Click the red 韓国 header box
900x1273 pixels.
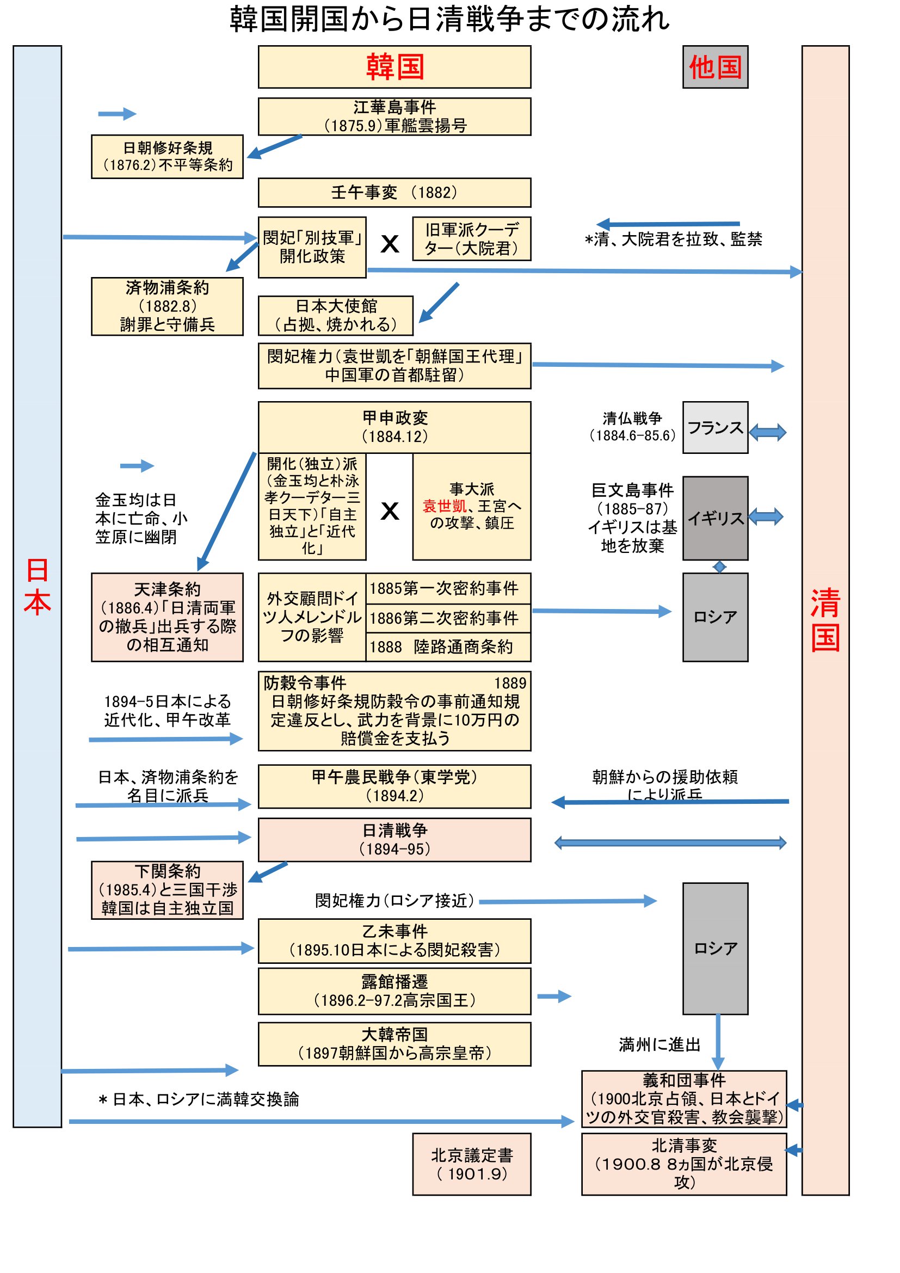pyautogui.click(x=394, y=67)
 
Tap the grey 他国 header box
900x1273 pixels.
pyautogui.click(x=715, y=67)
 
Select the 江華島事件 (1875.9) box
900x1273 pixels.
pyautogui.click(x=394, y=116)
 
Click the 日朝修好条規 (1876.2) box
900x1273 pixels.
pyautogui.click(x=167, y=156)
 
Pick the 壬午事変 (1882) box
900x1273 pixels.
pyautogui.click(x=394, y=192)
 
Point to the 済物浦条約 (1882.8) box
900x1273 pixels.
pyautogui.click(x=167, y=306)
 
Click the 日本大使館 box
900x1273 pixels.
pyautogui.click(x=335, y=316)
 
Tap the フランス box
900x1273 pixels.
pyautogui.click(x=715, y=427)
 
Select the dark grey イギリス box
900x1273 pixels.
pyautogui.click(x=715, y=518)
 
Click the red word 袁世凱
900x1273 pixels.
pyautogui.click(x=444, y=506)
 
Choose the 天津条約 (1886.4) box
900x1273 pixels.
pyautogui.click(x=167, y=617)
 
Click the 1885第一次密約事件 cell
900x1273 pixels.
pyautogui.click(x=448, y=588)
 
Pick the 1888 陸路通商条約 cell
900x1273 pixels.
pyautogui.click(x=448, y=647)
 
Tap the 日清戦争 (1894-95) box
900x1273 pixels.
pyautogui.click(x=394, y=839)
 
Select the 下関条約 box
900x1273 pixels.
pyautogui.click(x=167, y=890)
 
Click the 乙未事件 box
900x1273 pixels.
pyautogui.click(x=394, y=941)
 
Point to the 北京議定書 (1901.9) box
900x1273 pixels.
pyautogui.click(x=471, y=1164)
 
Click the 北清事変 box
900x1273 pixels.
pyautogui.click(x=683, y=1164)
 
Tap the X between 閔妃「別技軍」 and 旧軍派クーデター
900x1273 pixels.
pyautogui.click(x=390, y=243)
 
